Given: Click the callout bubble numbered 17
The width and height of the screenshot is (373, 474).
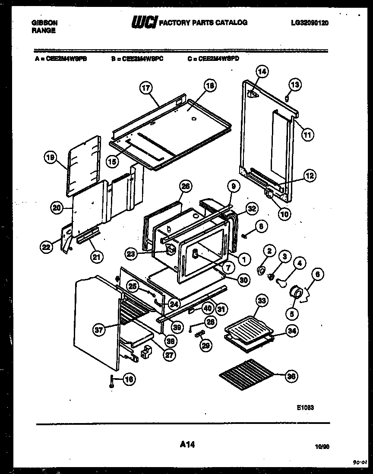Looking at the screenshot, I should tap(146, 88).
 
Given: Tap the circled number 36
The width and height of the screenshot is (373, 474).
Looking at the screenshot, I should tap(292, 376).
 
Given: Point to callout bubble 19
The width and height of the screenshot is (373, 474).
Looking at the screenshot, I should tap(51, 158).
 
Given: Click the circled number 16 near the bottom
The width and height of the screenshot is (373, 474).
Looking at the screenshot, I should tap(128, 379).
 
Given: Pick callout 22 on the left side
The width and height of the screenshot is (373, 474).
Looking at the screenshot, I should tap(46, 247).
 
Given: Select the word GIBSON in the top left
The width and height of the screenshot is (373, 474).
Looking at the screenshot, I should tap(45, 22).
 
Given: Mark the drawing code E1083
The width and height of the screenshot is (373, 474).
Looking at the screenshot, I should tap(304, 406).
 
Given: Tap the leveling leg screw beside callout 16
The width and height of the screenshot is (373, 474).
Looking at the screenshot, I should tap(112, 381).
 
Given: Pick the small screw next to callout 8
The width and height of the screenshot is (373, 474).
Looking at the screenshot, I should tap(244, 236).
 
